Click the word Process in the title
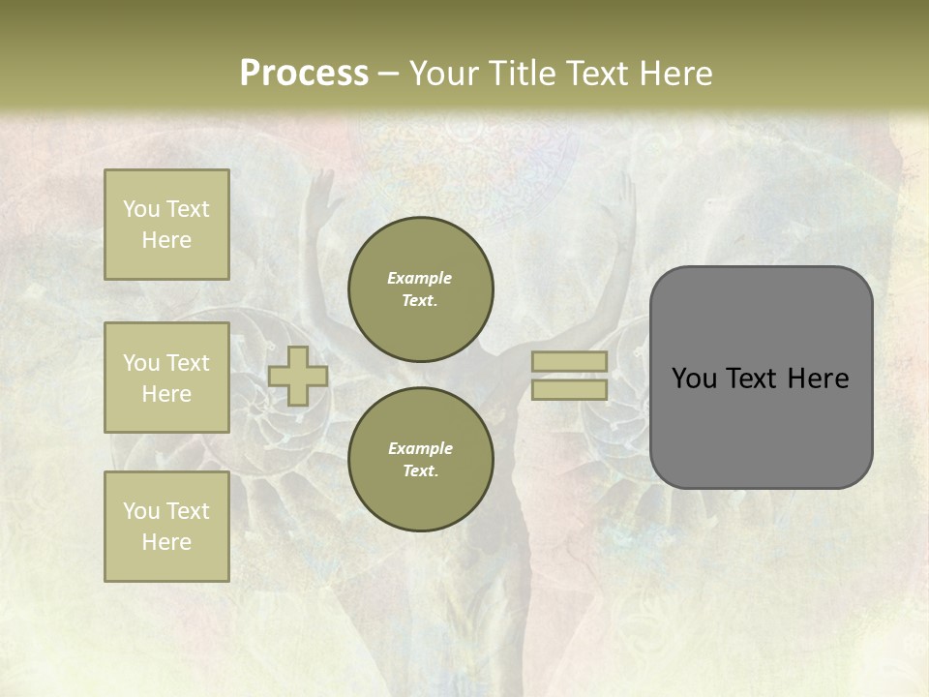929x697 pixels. click(x=304, y=74)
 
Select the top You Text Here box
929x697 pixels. click(x=166, y=225)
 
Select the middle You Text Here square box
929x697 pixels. click(x=166, y=378)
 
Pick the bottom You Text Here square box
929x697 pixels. click(x=166, y=527)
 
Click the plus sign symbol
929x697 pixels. click(x=298, y=376)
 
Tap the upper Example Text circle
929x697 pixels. click(x=421, y=288)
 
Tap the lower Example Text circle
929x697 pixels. click(x=421, y=459)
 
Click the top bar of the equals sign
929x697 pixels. click(x=569, y=361)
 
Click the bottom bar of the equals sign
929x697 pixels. click(x=569, y=389)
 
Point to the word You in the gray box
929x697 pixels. click(x=693, y=379)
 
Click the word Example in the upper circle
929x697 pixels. click(x=420, y=278)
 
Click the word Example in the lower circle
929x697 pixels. click(x=420, y=448)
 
